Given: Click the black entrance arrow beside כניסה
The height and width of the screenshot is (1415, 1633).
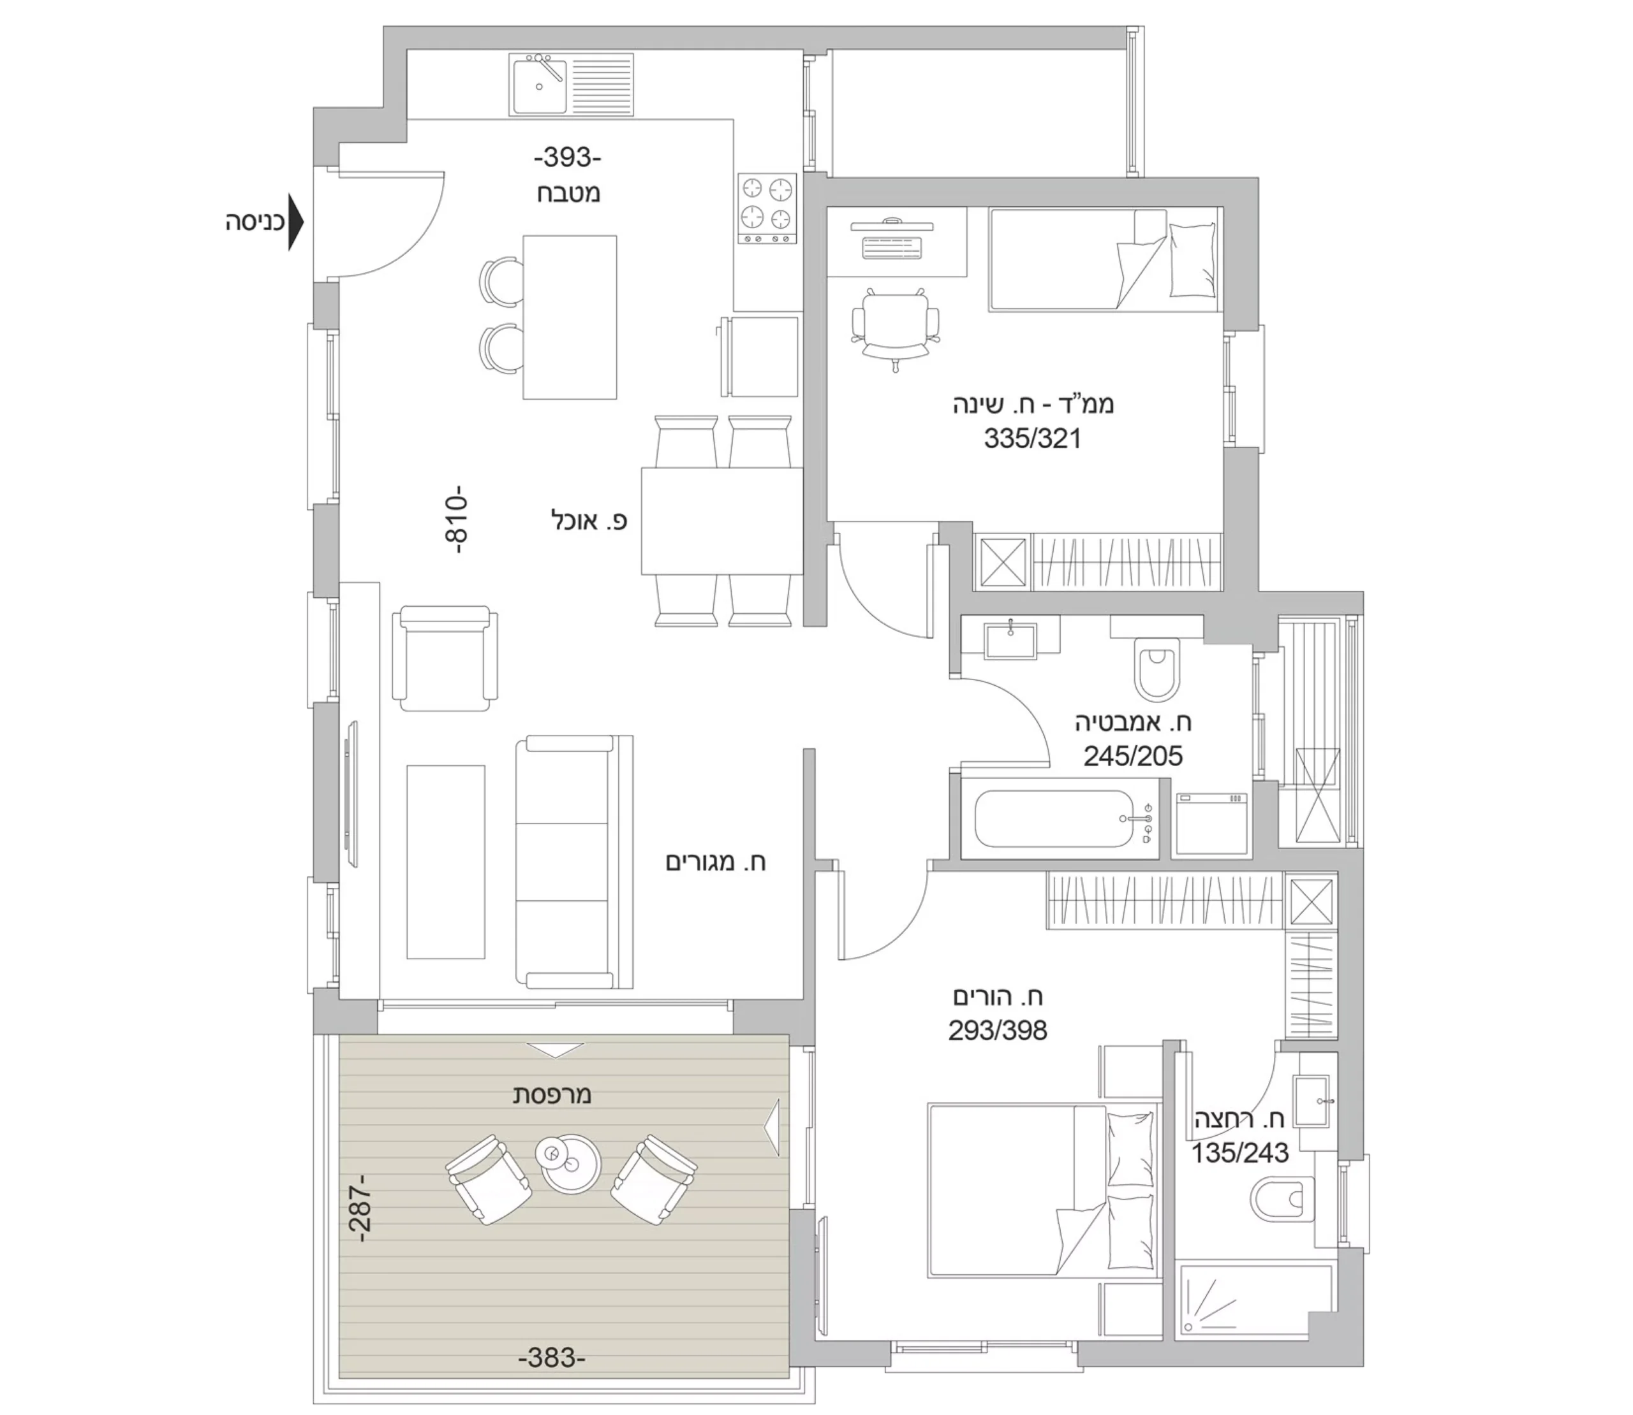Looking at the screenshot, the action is click(x=295, y=222).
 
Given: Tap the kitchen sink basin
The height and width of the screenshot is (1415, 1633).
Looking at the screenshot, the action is click(x=540, y=85).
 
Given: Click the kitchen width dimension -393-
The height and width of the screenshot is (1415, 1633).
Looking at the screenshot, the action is click(x=567, y=158).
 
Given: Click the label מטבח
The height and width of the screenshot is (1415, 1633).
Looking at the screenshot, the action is click(x=569, y=194).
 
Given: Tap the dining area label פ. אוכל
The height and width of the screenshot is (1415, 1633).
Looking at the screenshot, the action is click(x=589, y=520).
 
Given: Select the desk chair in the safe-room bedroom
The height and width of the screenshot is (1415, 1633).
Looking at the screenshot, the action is click(x=896, y=328).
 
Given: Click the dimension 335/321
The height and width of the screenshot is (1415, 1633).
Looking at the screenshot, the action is click(x=1031, y=439).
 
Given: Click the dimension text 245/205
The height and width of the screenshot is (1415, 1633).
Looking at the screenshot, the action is click(x=1133, y=757).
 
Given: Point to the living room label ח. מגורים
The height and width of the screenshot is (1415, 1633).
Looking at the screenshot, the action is click(x=716, y=862).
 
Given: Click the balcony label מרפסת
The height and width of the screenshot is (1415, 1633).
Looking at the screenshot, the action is click(x=552, y=1095).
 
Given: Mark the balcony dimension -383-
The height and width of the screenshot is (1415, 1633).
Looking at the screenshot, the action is click(x=551, y=1358).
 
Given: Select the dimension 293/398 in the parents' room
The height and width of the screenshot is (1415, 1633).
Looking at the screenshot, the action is click(x=998, y=1031).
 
